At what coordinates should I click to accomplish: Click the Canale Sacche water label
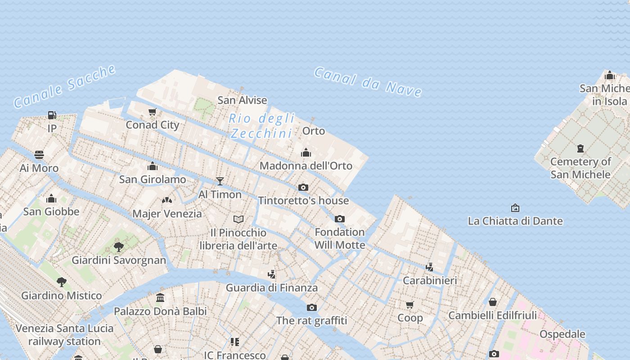(x=65, y=87)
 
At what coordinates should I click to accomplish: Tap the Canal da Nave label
(x=368, y=82)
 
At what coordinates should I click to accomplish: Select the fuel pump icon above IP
(x=52, y=115)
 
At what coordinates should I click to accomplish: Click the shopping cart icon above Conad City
(x=153, y=112)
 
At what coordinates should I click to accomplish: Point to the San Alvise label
(x=242, y=100)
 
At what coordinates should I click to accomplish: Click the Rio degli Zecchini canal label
(x=261, y=126)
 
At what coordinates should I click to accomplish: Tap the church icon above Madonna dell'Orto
(x=306, y=153)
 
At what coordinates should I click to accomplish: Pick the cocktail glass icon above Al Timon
(x=220, y=181)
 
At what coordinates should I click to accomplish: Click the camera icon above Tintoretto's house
(x=303, y=187)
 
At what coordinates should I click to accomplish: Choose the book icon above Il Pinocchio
(x=238, y=219)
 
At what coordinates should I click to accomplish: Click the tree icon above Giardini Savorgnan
(x=119, y=247)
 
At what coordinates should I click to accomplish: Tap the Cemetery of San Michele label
(x=580, y=168)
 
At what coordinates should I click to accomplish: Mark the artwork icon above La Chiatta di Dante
(x=515, y=208)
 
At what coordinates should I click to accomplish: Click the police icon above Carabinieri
(x=430, y=267)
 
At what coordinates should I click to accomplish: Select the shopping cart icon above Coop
(x=410, y=305)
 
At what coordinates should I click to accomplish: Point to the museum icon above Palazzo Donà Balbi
(x=160, y=297)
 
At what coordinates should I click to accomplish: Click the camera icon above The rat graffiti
(x=312, y=307)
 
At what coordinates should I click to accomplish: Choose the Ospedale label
(x=562, y=334)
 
